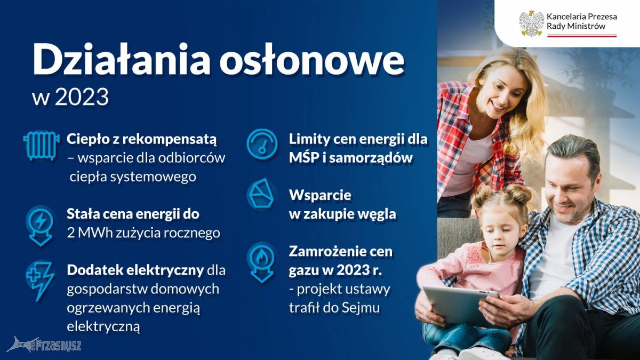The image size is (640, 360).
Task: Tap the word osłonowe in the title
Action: point(311,60)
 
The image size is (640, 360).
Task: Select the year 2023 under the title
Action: point(82,97)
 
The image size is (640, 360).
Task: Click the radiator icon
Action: point(42,146)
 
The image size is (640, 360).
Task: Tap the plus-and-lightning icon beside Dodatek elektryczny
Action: point(39,281)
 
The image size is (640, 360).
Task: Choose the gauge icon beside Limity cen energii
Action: point(262,145)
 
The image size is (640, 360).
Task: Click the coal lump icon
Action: point(261,194)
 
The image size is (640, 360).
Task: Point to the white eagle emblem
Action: point(531,23)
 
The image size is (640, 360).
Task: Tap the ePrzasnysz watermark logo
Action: point(44,345)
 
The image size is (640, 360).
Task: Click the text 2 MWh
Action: point(90,233)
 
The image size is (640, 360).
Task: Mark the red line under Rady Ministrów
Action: point(582,36)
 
